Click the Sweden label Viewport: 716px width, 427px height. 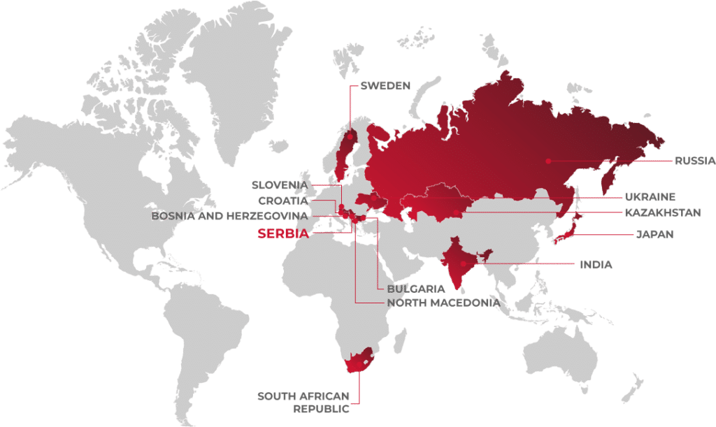[x=385, y=86]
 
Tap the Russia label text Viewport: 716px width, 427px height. [x=694, y=161]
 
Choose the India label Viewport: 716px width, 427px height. [x=596, y=265]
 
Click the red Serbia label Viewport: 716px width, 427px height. [x=283, y=234]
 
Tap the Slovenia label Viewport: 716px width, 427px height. [x=280, y=185]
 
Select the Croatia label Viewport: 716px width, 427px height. [x=283, y=201]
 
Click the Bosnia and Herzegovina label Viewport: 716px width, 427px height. [x=230, y=217]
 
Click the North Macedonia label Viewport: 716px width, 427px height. [x=443, y=303]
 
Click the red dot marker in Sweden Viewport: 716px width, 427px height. [x=350, y=138]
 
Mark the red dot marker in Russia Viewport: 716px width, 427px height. [x=549, y=161]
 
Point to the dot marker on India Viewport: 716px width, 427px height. [x=463, y=263]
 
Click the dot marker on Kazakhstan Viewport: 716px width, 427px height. [x=456, y=211]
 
